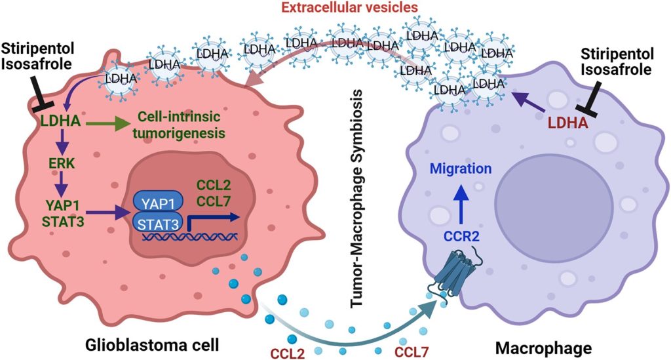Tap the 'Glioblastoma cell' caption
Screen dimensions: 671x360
tap(152, 344)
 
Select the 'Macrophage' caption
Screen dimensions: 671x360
tap(543, 348)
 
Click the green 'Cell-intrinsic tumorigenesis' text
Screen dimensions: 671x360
tap(179, 125)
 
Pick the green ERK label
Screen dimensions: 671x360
tap(62, 163)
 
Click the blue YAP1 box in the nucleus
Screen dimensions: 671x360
tap(159, 204)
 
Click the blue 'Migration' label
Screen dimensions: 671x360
tap(461, 169)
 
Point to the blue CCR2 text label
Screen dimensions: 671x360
tap(461, 236)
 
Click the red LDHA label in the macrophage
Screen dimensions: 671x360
tap(568, 123)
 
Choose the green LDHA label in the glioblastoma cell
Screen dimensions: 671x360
tap(60, 121)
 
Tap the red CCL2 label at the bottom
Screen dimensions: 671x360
tap(288, 353)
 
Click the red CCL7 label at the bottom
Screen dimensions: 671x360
tap(412, 353)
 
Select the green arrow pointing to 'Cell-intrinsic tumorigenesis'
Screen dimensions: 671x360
tap(107, 123)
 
